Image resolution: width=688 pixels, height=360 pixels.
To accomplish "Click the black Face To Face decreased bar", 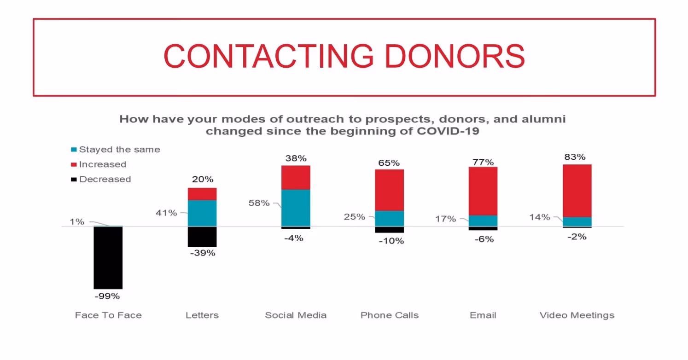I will tap(108, 257).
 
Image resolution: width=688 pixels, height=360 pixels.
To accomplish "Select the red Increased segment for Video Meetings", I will tap(577, 191).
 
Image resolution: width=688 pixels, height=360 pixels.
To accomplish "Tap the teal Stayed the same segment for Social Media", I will tap(296, 208).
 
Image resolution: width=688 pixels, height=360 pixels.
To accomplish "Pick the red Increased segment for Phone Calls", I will tap(389, 190).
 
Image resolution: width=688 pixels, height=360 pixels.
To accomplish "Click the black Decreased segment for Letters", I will tap(202, 237).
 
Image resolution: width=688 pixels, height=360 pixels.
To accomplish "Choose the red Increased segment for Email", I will tap(483, 191).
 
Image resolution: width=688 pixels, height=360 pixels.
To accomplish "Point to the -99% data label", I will tap(107, 296).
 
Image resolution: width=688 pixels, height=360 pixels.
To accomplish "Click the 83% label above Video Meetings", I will tap(576, 157).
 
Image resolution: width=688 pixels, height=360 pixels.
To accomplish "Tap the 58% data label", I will tap(259, 203).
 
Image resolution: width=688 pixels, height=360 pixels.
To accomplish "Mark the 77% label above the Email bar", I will tap(483, 162).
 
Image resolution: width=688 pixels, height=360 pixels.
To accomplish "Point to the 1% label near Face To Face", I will tap(77, 221).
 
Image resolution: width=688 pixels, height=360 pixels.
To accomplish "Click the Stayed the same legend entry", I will tap(116, 150).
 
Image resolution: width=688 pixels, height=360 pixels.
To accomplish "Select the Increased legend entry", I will tap(99, 164).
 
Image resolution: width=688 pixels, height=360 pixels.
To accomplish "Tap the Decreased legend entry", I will tap(101, 180).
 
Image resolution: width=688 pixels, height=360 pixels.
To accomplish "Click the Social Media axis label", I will tap(296, 315).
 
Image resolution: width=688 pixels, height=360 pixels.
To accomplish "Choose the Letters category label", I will tap(202, 315).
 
